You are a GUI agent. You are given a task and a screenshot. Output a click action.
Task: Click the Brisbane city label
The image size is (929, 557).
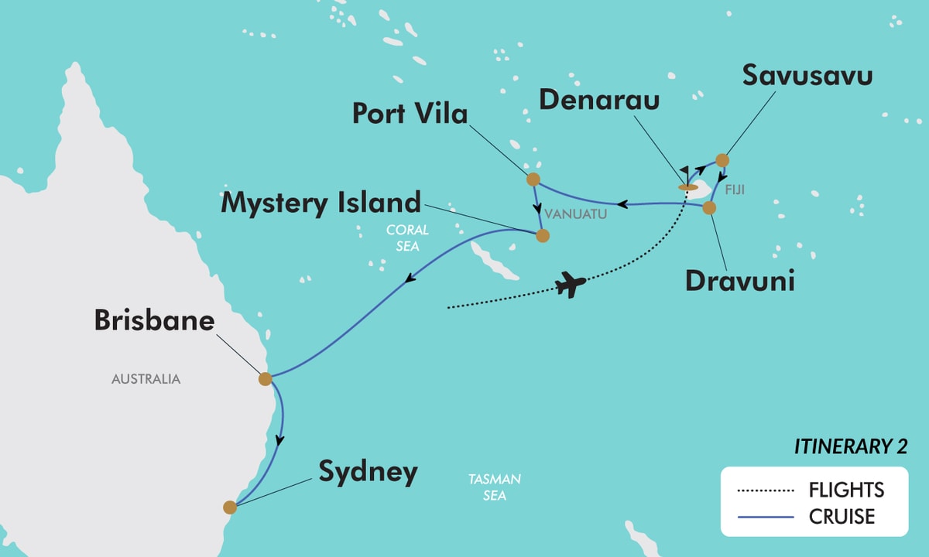click(154, 320)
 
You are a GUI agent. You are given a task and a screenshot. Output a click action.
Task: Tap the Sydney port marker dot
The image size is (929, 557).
click(229, 507)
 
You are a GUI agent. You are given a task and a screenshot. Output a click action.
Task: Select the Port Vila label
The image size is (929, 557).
click(410, 114)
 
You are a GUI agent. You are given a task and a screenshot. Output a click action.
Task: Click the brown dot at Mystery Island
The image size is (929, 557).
click(543, 236)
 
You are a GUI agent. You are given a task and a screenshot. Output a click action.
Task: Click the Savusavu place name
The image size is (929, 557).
click(807, 76)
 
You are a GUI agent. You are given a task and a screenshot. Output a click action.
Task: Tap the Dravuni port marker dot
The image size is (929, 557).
click(709, 207)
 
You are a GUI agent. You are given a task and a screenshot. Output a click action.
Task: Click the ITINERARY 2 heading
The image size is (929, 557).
click(850, 447)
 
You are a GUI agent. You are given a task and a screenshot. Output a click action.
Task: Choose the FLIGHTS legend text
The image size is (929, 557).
click(846, 490)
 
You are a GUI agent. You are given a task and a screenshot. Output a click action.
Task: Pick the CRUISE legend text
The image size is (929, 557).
click(842, 516)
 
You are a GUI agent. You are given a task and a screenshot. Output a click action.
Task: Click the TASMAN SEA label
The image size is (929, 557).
click(494, 487)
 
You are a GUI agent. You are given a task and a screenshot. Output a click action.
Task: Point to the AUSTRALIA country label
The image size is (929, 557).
click(146, 379)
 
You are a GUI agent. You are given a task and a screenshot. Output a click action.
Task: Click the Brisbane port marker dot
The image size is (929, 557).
click(265, 378)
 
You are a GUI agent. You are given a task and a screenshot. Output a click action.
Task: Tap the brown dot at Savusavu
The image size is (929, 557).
click(722, 160)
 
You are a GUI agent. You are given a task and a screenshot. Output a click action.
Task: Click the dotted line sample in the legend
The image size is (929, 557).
click(766, 490)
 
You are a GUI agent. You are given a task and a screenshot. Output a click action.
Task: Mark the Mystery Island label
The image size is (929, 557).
click(321, 203)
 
